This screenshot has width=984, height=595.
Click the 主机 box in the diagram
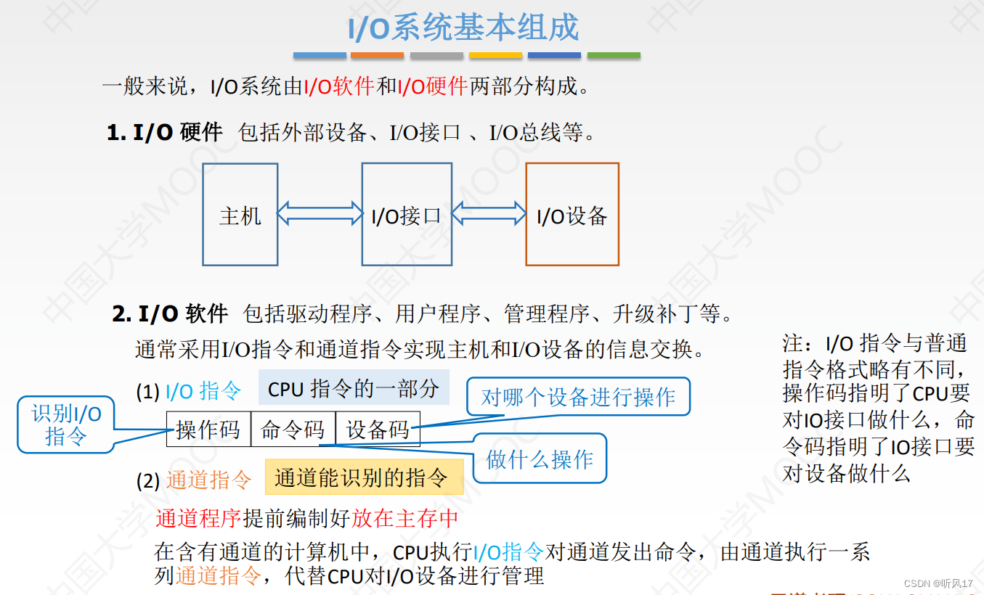tap(240, 215)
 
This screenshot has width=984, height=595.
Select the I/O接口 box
tap(407, 215)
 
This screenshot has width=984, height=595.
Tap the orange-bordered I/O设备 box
tap(572, 215)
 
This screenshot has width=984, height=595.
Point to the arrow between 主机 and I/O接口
tap(320, 213)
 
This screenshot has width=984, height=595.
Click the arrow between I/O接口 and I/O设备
tap(489, 213)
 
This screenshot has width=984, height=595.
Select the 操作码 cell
tap(208, 430)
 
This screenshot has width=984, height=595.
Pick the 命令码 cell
tap(293, 430)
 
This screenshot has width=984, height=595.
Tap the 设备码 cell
tap(378, 430)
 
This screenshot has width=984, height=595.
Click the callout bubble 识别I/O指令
tap(66, 424)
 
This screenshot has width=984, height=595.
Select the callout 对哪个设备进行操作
tap(578, 397)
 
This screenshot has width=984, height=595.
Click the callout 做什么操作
tap(540, 459)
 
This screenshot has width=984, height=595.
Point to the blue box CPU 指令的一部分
tap(354, 388)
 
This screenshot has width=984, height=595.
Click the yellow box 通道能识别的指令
tap(363, 477)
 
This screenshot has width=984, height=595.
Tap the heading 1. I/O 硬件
tap(165, 132)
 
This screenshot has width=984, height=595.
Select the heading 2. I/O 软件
tap(170, 313)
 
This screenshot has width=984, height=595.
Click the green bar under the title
tap(614, 55)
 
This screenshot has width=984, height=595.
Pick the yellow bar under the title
tap(495, 55)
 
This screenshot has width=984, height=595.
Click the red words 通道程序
tap(198, 518)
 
